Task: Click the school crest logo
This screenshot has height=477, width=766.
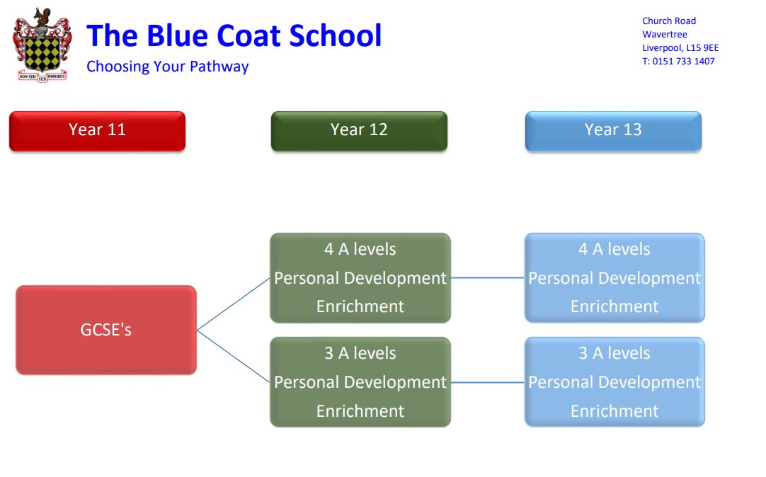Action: click(x=42, y=45)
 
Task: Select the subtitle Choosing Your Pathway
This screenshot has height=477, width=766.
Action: click(x=168, y=67)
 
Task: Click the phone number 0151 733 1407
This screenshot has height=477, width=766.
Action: click(x=683, y=62)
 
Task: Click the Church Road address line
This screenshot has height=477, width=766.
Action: click(x=669, y=21)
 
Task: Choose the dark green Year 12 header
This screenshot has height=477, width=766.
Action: click(x=359, y=131)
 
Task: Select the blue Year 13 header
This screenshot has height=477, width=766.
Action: click(x=613, y=131)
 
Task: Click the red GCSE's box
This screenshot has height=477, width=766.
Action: click(x=106, y=330)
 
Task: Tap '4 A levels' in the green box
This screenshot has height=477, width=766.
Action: click(x=360, y=249)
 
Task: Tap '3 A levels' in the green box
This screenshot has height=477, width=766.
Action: click(x=360, y=353)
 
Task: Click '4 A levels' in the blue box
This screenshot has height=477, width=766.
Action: click(x=614, y=249)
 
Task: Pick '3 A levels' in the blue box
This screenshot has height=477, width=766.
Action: click(x=614, y=353)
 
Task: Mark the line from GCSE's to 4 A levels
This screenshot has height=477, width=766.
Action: click(x=234, y=304)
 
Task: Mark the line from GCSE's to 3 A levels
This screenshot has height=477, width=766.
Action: click(x=234, y=357)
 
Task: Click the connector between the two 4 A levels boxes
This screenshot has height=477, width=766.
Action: click(x=488, y=278)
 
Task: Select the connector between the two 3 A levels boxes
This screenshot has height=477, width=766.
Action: click(x=488, y=382)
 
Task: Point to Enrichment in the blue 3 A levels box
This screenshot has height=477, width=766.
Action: click(x=614, y=411)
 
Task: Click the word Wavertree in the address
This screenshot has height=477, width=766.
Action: click(x=664, y=35)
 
